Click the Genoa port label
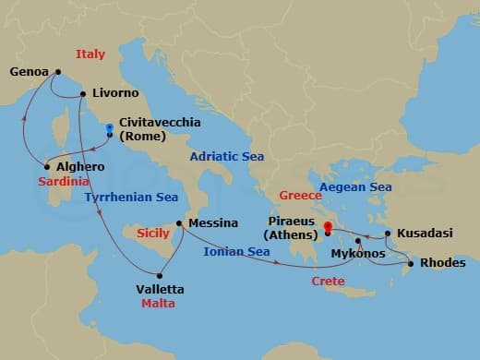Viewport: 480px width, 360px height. tap(30, 71)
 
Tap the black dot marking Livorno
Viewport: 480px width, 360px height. tap(83, 93)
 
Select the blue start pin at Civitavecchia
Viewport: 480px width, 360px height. tap(110, 128)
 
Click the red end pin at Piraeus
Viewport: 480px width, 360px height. tap(328, 225)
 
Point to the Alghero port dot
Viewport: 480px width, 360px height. tap(46, 167)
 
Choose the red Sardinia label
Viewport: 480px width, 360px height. tap(64, 182)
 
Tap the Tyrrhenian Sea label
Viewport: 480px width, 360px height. tap(130, 197)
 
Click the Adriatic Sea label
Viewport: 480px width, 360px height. tap(227, 157)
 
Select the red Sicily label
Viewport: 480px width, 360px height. tap(152, 234)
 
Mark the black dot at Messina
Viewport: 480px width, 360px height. tap(179, 222)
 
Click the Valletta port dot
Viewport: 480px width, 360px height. tap(160, 274)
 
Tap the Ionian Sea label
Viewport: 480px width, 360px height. tap(237, 251)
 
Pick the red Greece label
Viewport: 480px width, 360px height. tap(300, 196)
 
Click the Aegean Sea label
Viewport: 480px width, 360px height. tap(355, 187)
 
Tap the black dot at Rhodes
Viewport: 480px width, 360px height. tap(411, 263)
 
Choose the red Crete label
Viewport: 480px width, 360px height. tap(328, 280)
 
